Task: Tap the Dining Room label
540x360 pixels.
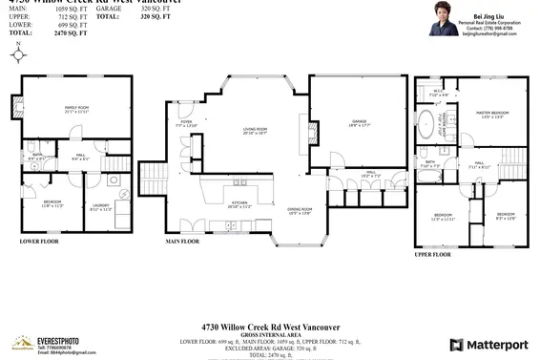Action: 301,213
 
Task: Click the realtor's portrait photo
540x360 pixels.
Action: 446,21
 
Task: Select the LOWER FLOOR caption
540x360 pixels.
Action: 40,243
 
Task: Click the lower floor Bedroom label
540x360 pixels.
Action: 52,203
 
